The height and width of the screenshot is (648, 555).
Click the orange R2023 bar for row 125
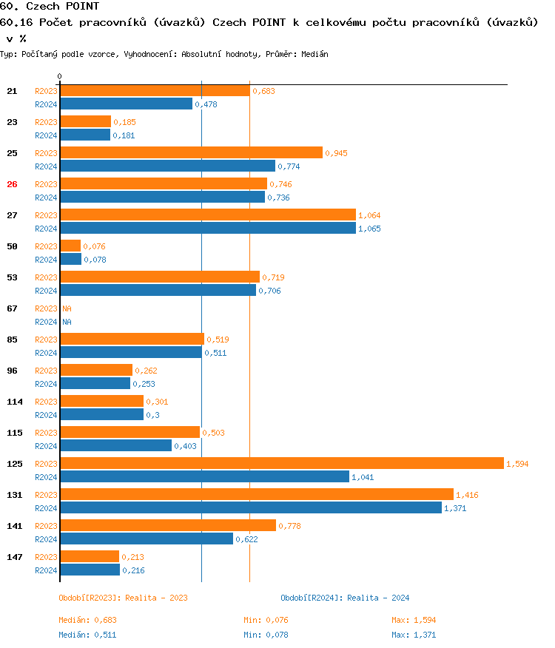tap(281, 463)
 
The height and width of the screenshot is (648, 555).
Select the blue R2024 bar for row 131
tap(250, 507)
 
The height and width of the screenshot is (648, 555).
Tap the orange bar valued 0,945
tap(191, 152)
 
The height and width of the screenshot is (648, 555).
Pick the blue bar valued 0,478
tap(126, 104)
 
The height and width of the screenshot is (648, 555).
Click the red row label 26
tap(12, 184)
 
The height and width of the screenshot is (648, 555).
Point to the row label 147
tap(12, 556)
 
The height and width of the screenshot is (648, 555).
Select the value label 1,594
tap(517, 464)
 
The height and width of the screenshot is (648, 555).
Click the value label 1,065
tap(370, 229)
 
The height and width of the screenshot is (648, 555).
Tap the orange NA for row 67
tap(67, 308)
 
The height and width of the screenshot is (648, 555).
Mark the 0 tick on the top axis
tap(59, 76)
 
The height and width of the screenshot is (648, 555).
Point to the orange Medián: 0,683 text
tap(88, 620)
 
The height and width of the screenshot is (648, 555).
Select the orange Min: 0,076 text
tap(266, 620)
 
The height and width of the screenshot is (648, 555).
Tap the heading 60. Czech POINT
tap(50, 7)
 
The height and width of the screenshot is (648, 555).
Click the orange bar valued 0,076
tap(70, 246)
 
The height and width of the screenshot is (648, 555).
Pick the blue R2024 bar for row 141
tap(147, 539)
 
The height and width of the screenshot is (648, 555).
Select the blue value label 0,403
tap(186, 446)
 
